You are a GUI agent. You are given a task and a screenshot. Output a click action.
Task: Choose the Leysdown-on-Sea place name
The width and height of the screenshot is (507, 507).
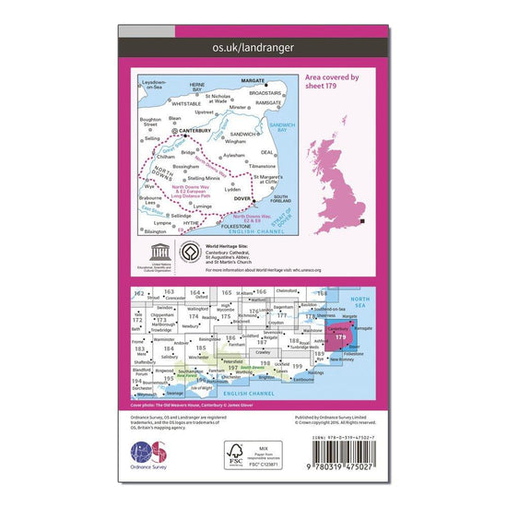(158, 83)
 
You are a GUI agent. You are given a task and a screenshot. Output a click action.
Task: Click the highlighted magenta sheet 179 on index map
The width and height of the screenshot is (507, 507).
(341, 337)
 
